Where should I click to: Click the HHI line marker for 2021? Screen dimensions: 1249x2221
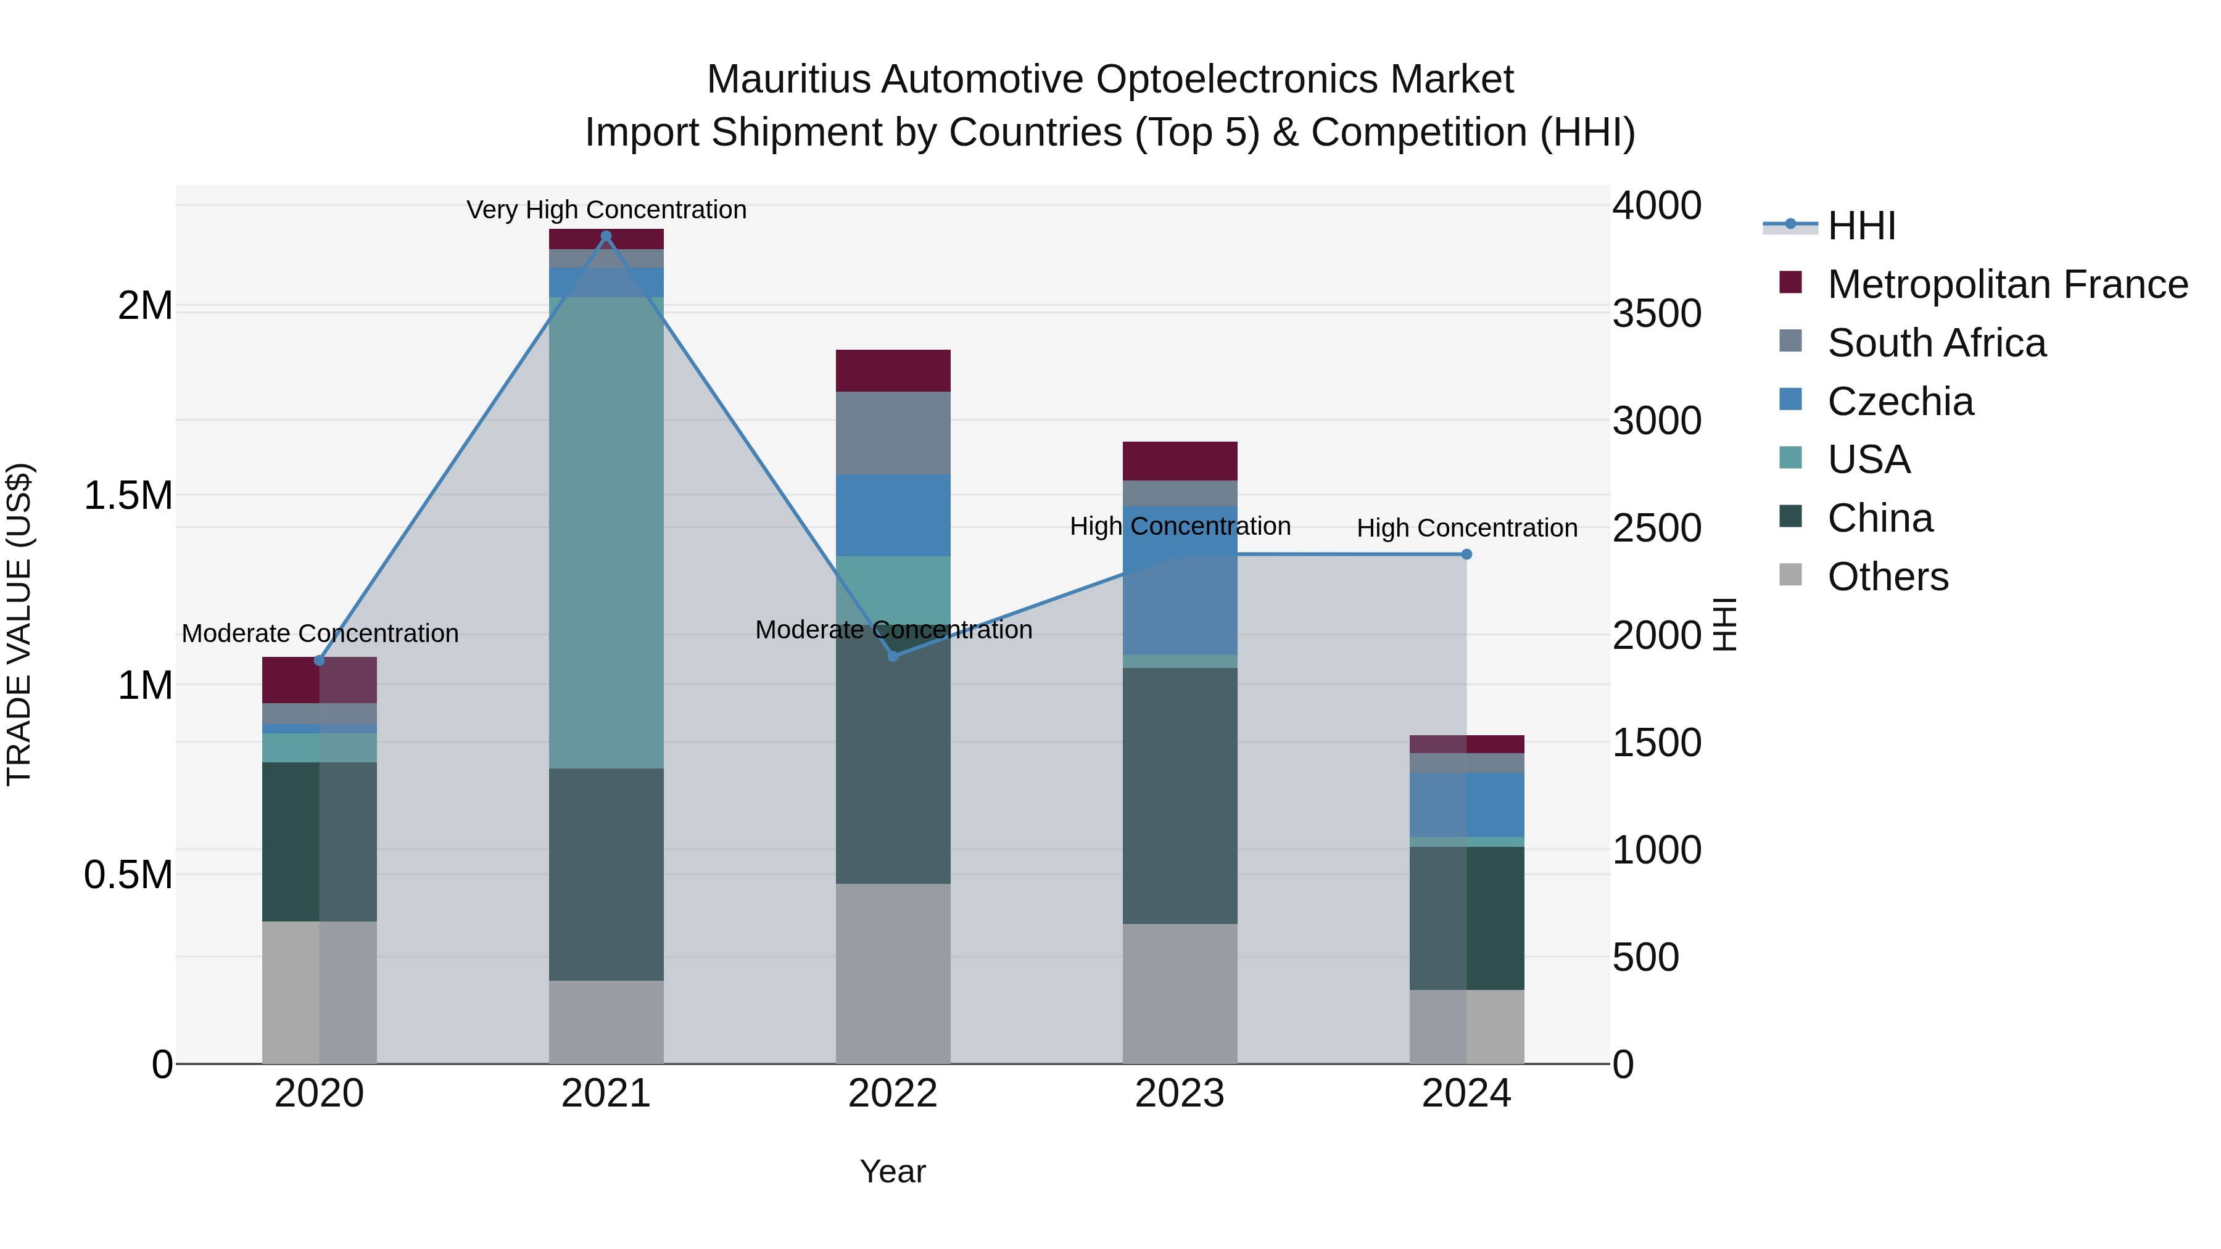(x=606, y=236)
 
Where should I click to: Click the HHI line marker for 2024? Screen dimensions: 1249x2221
(x=1466, y=554)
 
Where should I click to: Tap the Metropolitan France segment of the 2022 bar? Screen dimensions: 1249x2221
(x=893, y=371)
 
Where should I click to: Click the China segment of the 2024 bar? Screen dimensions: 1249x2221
(x=1466, y=917)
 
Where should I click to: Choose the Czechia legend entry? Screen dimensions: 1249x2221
(x=1900, y=402)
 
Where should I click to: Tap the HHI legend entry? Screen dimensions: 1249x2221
(x=1861, y=226)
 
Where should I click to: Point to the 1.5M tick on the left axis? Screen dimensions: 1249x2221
(x=128, y=496)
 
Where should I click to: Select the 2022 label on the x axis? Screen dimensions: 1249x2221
(x=893, y=1094)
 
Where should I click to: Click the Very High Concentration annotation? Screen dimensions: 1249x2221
(x=606, y=210)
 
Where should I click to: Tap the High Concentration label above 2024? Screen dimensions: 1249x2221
(x=1466, y=527)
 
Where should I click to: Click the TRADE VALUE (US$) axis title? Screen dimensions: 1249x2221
(x=19, y=624)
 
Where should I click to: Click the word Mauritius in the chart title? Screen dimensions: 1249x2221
(x=787, y=80)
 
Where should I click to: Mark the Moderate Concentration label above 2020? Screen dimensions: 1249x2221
(x=320, y=633)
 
